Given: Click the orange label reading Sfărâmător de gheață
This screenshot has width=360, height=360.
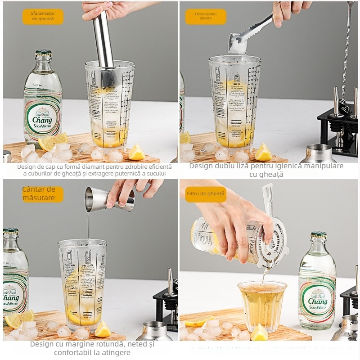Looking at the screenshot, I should [43, 17].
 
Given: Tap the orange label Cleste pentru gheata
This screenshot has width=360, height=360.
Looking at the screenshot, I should [206, 17].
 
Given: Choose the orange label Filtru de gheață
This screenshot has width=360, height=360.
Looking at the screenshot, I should [206, 194].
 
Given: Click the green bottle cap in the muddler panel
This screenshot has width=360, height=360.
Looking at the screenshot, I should [43, 52].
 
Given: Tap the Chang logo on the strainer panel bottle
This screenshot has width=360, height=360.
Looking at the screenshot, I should [318, 300].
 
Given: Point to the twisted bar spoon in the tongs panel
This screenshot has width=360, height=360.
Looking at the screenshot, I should [347, 49].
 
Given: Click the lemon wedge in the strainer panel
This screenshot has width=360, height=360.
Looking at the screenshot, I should [259, 333].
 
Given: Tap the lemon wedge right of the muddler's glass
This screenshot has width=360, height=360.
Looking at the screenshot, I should [136, 153].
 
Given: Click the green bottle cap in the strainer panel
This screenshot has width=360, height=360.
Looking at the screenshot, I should [319, 234].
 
